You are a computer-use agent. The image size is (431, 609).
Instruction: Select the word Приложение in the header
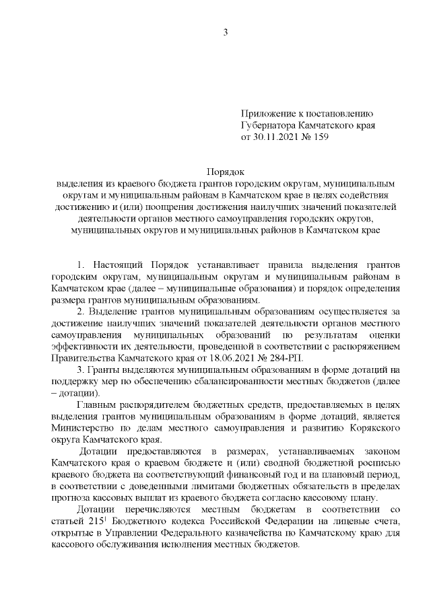tap(267, 114)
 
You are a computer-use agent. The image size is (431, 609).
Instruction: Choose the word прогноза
tap(71, 499)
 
